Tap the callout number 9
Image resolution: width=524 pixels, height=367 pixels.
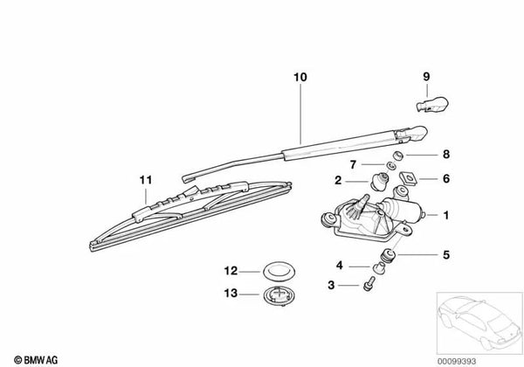point(427,77)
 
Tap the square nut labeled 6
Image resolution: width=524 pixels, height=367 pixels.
point(407,180)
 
